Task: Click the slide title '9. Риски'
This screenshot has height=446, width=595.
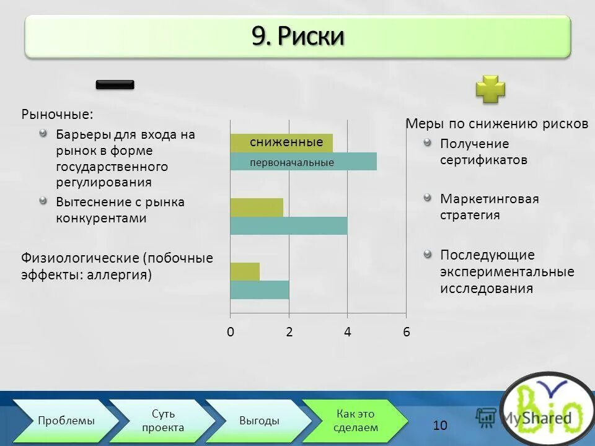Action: tap(297, 37)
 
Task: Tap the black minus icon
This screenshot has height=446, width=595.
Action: tap(115, 85)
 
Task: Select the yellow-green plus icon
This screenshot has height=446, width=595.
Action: tap(490, 89)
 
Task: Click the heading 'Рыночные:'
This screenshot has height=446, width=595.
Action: tap(58, 115)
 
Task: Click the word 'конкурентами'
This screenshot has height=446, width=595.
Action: tap(101, 218)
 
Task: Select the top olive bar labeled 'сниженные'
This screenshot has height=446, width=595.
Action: tap(281, 142)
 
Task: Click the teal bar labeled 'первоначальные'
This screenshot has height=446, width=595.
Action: tap(303, 162)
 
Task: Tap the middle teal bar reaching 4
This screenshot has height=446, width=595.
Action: tap(288, 225)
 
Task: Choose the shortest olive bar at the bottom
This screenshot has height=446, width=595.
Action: tap(245, 271)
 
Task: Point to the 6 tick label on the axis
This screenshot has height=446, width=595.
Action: tap(407, 332)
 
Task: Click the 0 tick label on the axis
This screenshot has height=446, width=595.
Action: tap(230, 332)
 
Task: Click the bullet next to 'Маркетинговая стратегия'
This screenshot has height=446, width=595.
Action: tap(427, 198)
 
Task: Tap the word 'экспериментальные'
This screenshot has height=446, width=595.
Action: tap(507, 272)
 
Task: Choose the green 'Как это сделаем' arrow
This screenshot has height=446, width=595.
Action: tap(355, 421)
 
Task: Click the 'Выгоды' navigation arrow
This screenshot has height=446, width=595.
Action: tap(259, 421)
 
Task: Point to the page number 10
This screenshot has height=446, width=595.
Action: tap(440, 425)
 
